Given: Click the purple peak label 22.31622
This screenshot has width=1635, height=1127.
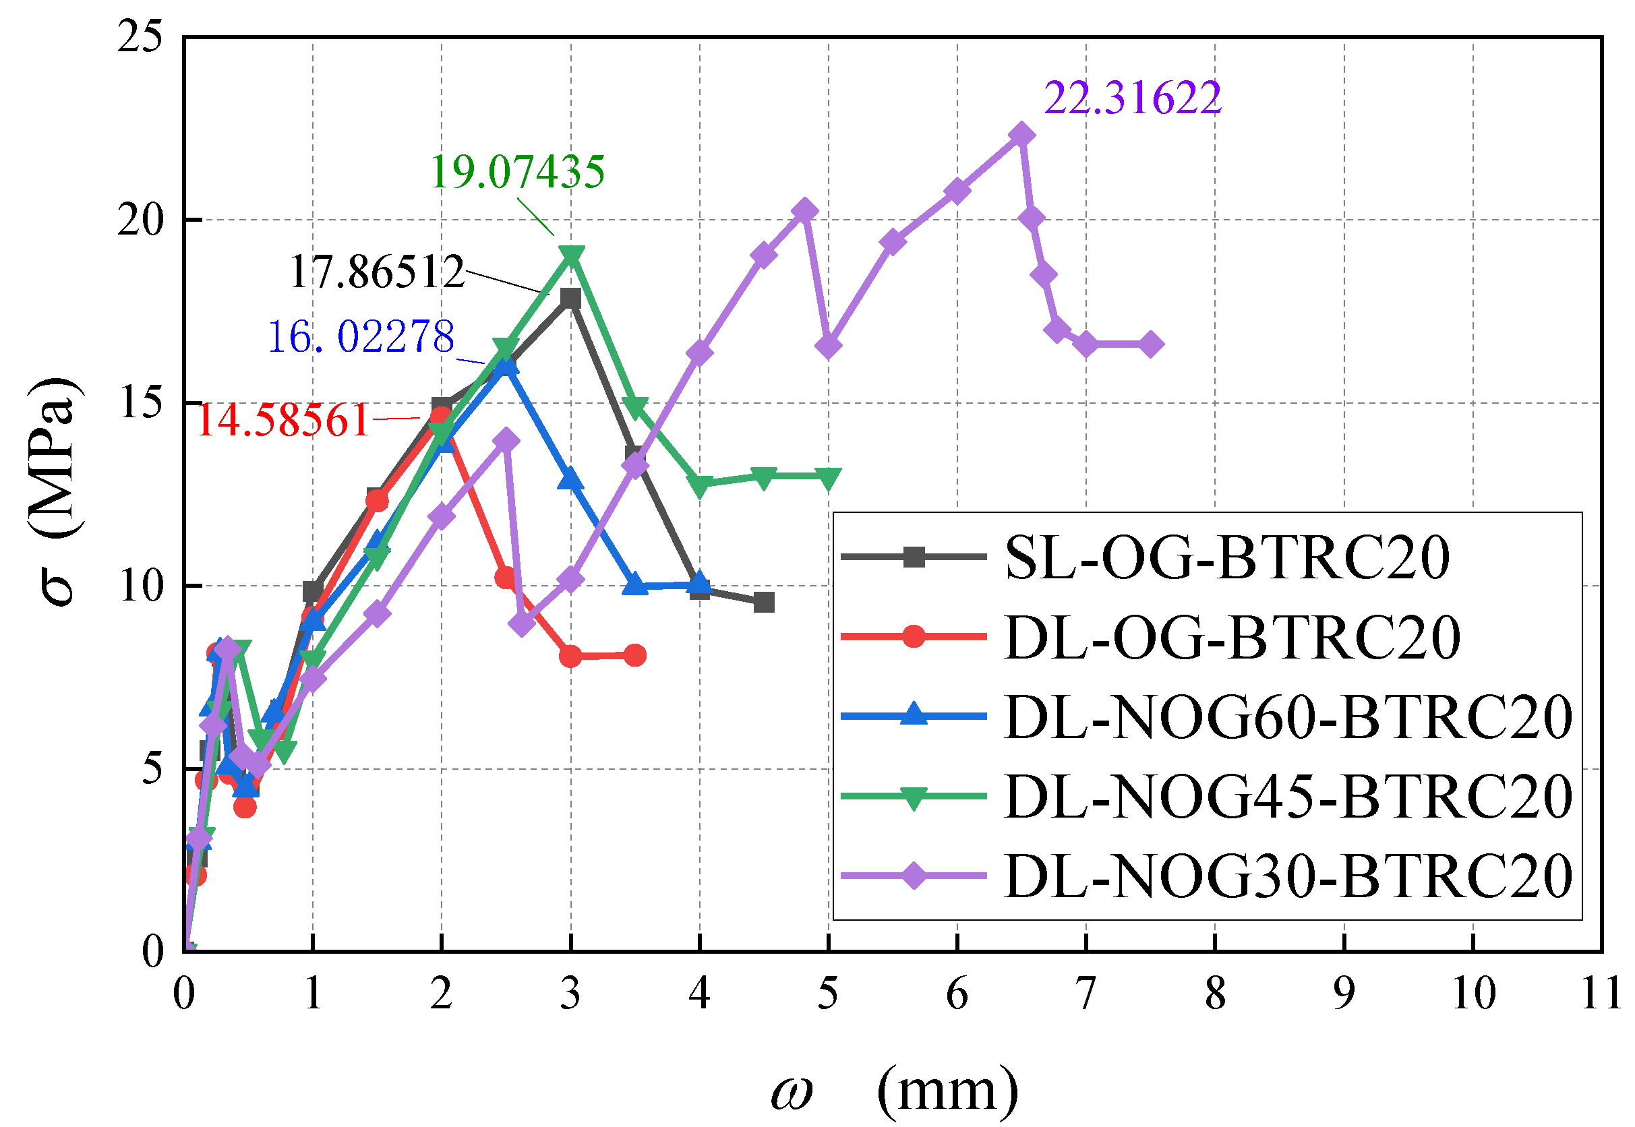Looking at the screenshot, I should [x=1132, y=98].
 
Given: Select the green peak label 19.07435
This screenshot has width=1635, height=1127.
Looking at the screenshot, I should [x=518, y=172].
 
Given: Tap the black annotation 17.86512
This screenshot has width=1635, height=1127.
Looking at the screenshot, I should [x=377, y=272].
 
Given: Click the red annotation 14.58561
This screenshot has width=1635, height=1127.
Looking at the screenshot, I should [x=283, y=420].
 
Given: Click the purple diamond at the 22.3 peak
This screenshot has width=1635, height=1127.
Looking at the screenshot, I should [x=1021, y=134].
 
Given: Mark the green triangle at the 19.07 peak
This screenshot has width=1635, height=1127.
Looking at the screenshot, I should [x=571, y=255].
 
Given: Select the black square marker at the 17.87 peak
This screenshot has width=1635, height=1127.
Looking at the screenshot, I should [x=570, y=298].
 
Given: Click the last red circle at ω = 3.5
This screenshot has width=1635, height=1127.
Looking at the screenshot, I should [x=635, y=655].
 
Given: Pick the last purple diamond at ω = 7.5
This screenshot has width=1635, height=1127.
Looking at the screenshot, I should [x=1150, y=344].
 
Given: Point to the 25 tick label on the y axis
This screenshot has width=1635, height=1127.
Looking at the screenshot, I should [x=140, y=36].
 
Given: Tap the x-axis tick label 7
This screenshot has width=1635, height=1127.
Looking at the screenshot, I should [x=1086, y=994].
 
